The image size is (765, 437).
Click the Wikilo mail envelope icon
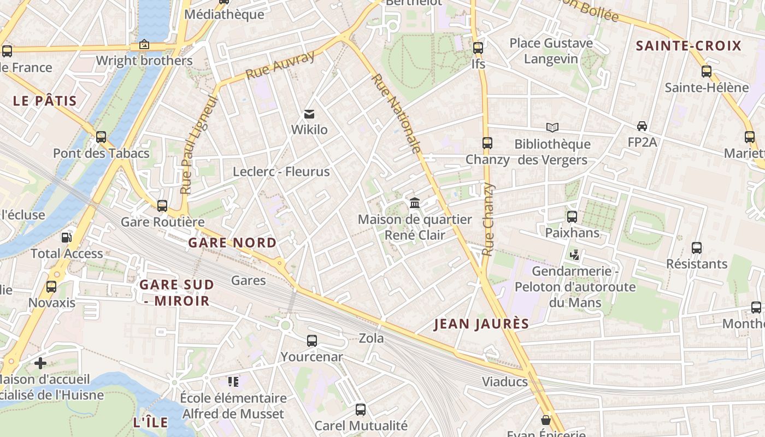click(309, 114)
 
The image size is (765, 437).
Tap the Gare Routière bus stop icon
click(162, 206)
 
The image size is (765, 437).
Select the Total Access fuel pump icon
click(66, 238)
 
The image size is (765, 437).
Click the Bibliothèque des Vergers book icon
click(552, 128)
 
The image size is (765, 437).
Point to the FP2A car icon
click(642, 126)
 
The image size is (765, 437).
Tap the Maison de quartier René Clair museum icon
click(415, 203)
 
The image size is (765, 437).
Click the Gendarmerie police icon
click(574, 255)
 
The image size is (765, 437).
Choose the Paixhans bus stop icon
click(572, 217)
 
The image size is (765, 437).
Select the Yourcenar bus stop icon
click(312, 341)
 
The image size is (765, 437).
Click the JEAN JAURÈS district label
click(481, 324)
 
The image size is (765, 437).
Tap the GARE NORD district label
click(232, 243)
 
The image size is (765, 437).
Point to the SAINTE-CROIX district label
click(688, 46)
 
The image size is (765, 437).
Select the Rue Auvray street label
click(280, 65)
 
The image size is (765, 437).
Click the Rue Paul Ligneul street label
click(199, 145)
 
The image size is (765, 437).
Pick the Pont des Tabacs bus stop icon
click(101, 137)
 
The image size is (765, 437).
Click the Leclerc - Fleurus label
click(281, 172)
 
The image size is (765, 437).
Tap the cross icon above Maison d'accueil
click(40, 363)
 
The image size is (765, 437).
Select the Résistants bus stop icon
click(697, 248)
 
